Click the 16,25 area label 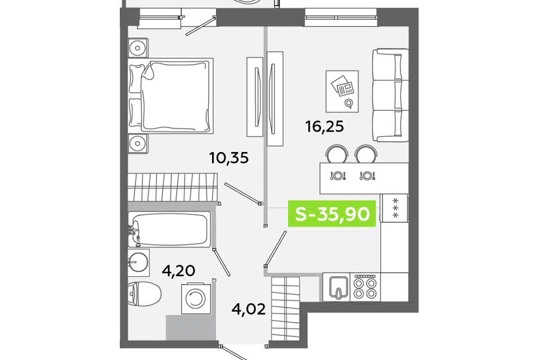tap(325, 127)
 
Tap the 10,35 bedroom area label tap(229, 158)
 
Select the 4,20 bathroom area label tap(179, 271)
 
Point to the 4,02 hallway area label tap(249, 309)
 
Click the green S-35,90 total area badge tap(332, 214)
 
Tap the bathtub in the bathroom tap(169, 229)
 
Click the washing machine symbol tap(196, 299)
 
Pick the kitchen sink tap(336, 287)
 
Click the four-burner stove tap(366, 287)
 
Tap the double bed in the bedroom tap(170, 96)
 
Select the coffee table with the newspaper tap(342, 91)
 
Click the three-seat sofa tap(390, 96)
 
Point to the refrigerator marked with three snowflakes tap(394, 208)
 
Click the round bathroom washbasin tap(138, 263)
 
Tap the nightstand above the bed tap(138, 48)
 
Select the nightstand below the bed tap(138, 143)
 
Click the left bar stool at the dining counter tap(337, 154)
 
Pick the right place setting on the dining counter tap(367, 175)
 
